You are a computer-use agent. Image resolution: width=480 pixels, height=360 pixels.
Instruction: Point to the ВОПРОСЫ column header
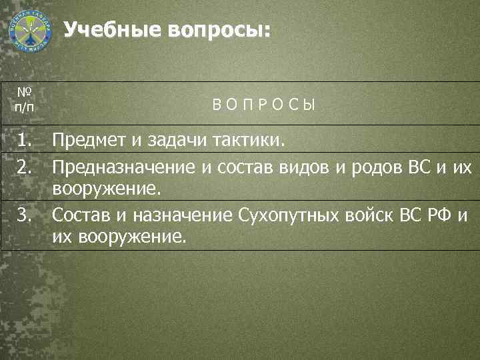pos(265,105)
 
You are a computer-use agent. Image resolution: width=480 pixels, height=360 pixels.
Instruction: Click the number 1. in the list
pos(26,140)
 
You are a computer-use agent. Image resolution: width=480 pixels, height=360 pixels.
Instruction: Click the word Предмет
pos(88,140)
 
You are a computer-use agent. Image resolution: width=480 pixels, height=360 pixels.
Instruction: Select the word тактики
pos(248,140)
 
